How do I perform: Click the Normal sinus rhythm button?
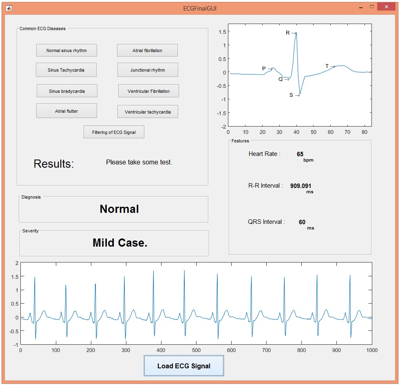pos(66,50)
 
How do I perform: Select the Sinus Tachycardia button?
pos(66,70)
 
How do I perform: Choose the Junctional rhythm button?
pos(148,70)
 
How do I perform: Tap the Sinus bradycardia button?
pos(67,91)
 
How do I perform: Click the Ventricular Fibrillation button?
pos(148,91)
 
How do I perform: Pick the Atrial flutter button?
pos(66,111)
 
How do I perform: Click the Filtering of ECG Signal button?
pos(114,132)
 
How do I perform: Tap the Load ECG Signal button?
pos(184,366)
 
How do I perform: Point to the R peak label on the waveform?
pos(288,33)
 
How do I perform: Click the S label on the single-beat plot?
pos(291,95)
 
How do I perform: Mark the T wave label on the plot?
pos(327,66)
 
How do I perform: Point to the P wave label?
pos(264,69)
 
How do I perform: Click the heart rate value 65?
pos(300,154)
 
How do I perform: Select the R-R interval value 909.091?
pos(301,186)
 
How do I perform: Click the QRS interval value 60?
pos(302,222)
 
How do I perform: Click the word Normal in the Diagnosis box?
pos(119,209)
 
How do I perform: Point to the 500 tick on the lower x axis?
pos(196,350)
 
